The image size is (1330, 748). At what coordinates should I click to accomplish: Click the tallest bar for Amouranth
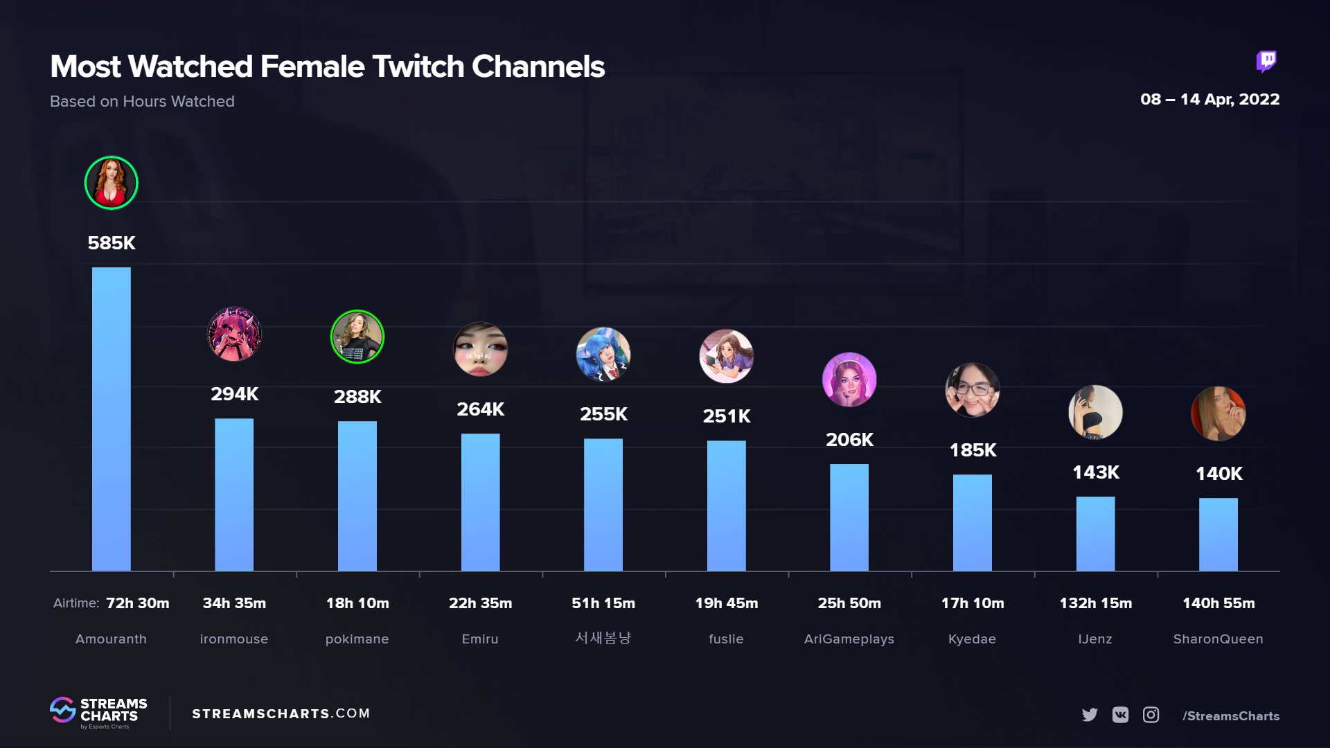[x=111, y=419]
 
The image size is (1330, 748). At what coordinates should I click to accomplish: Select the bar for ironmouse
[x=234, y=495]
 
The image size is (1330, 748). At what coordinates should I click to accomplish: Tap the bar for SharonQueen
[x=1218, y=534]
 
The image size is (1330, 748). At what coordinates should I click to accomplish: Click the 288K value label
[x=357, y=397]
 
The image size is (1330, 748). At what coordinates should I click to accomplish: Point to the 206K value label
[x=849, y=440]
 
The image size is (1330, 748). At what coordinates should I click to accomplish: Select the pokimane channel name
[x=357, y=639]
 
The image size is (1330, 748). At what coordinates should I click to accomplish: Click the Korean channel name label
[x=603, y=638]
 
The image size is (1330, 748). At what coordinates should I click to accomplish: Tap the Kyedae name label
[x=972, y=639]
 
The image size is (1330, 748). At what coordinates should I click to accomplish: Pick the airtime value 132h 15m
[x=1095, y=603]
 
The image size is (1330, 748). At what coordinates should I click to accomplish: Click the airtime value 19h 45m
[x=726, y=603]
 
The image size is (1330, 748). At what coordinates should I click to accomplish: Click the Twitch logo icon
[x=1266, y=62]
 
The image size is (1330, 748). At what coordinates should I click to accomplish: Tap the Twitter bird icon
[x=1090, y=715]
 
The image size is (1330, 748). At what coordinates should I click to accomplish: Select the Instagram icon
[x=1151, y=715]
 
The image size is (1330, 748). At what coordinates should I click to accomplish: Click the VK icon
[x=1120, y=715]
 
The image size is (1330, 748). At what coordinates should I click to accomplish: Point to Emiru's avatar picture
[x=480, y=349]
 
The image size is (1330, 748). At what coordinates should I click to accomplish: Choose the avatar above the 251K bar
[x=726, y=356]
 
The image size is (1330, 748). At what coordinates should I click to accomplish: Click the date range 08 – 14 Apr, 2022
[x=1209, y=100]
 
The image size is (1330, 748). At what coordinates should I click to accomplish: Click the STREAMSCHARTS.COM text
[x=281, y=713]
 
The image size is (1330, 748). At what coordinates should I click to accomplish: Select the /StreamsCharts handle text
[x=1231, y=716]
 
